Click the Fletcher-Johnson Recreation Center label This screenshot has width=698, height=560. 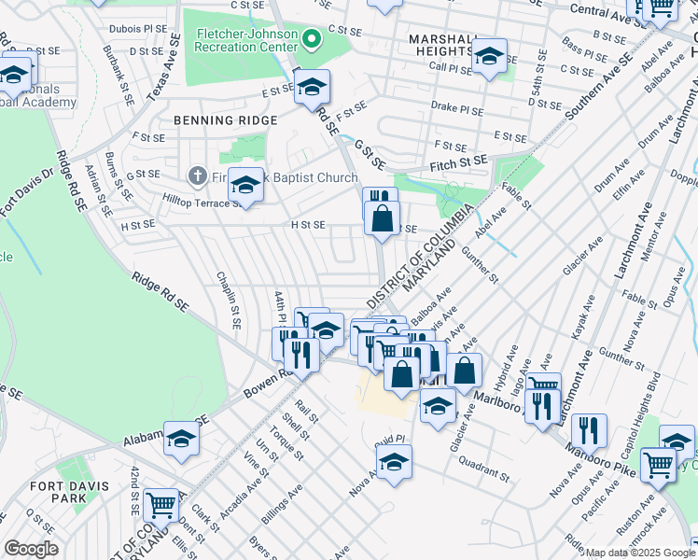245,40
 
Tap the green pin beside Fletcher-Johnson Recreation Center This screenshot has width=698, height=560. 313,40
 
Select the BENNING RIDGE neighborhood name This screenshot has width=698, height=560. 225,120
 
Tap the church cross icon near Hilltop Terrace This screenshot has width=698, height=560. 197,175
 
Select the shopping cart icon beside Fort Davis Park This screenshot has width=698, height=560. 161,505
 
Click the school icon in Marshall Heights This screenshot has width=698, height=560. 489,57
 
